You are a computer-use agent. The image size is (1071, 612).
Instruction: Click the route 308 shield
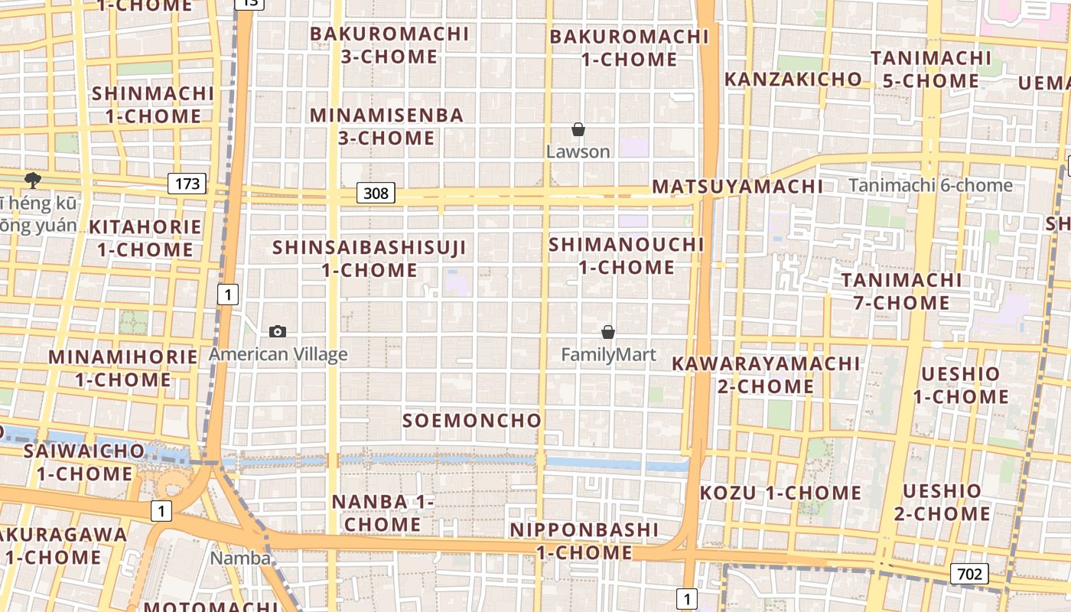point(376,193)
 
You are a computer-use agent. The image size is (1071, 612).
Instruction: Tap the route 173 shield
point(187,184)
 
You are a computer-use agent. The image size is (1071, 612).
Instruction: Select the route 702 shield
point(969,574)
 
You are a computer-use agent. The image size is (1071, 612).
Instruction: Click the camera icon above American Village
point(278,331)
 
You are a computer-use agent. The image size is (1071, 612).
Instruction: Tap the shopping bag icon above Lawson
point(578,129)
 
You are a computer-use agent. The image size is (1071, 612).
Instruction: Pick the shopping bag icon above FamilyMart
point(608,332)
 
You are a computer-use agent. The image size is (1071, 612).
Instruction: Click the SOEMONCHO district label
point(472,420)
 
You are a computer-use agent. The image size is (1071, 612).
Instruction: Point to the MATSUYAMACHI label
point(737,187)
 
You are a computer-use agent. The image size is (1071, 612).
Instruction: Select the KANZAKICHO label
point(793,80)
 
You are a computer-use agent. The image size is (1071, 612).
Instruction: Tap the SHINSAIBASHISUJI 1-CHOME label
point(369,259)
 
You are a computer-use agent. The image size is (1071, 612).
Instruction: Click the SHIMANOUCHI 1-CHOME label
point(627,256)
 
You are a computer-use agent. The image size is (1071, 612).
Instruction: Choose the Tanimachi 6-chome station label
point(930,185)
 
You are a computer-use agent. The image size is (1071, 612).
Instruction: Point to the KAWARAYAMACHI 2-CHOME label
point(766,375)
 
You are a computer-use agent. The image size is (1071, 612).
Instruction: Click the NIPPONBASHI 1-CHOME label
point(584,541)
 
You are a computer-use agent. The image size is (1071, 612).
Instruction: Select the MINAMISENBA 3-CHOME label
point(386,126)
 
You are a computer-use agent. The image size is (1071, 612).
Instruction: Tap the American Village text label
point(278,354)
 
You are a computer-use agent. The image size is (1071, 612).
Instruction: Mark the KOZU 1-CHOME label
point(780,493)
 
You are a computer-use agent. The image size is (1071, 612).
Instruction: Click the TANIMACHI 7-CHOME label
point(901,291)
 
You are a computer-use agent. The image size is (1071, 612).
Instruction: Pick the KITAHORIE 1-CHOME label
point(145,238)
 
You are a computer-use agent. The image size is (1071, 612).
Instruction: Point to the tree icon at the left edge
point(32,181)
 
